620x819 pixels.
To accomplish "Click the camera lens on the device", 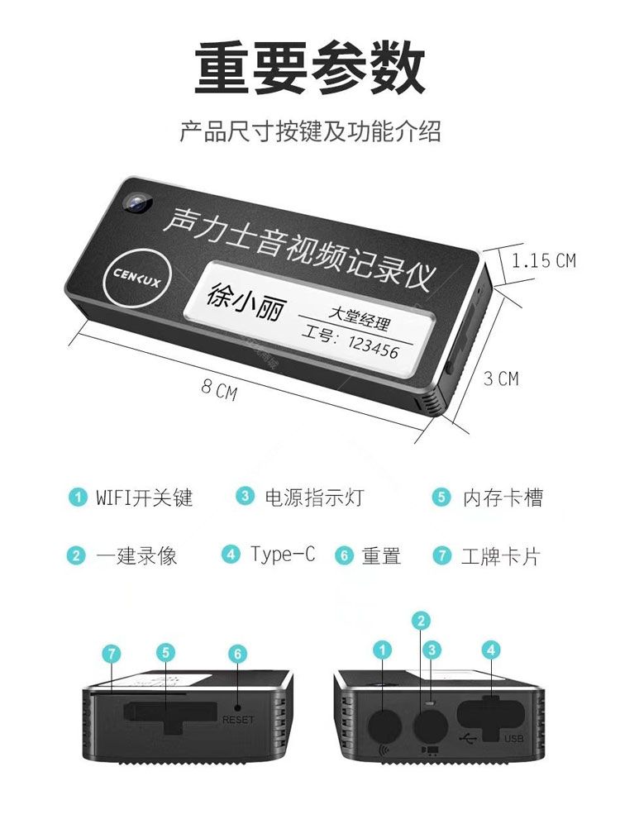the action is tap(137, 202).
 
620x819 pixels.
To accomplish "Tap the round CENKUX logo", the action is tap(137, 275).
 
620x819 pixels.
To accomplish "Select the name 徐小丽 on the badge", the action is tap(245, 303).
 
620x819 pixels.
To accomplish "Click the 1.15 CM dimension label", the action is tap(543, 260).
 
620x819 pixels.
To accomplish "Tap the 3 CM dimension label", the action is tap(501, 379).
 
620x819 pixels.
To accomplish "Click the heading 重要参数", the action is tap(309, 69).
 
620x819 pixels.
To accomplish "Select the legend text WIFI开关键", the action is tap(144, 498).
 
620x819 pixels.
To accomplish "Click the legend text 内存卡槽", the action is tap(503, 498).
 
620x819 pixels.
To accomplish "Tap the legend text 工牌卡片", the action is tap(500, 555).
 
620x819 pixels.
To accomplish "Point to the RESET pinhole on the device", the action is tap(237, 707).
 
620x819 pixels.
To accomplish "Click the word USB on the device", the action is tap(514, 739).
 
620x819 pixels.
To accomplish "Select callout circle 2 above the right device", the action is tap(421, 621).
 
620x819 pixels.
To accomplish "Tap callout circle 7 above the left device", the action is tap(112, 654).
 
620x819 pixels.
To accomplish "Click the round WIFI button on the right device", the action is tap(385, 725).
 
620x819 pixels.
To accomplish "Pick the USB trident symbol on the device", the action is tap(467, 739).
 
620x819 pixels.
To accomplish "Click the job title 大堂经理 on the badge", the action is tap(360, 319).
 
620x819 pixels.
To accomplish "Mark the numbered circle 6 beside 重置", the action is tap(344, 555).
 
